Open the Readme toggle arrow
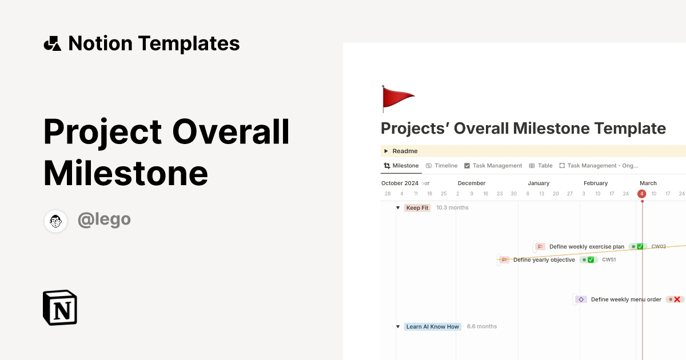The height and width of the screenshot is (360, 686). (386, 151)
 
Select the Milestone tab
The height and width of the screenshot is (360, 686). (401, 166)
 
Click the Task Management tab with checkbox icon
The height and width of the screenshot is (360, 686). (493, 166)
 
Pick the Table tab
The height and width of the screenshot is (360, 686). (541, 166)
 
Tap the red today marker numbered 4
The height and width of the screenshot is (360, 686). (642, 194)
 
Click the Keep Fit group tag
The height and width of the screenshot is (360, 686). (417, 208)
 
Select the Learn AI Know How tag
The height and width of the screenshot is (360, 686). (432, 327)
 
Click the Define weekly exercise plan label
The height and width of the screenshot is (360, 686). (587, 247)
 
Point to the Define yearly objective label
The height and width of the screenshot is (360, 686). (544, 260)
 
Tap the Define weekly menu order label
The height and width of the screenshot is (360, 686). (626, 299)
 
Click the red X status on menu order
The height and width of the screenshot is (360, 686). (676, 299)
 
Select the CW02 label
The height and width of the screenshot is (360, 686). (659, 247)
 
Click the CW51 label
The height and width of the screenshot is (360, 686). (609, 260)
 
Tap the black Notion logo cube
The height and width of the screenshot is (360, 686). (60, 307)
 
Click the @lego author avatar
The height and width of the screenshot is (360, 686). (56, 221)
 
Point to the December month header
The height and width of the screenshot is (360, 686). (472, 183)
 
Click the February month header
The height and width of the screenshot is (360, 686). (596, 183)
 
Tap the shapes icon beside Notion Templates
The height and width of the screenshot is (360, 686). (52, 43)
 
